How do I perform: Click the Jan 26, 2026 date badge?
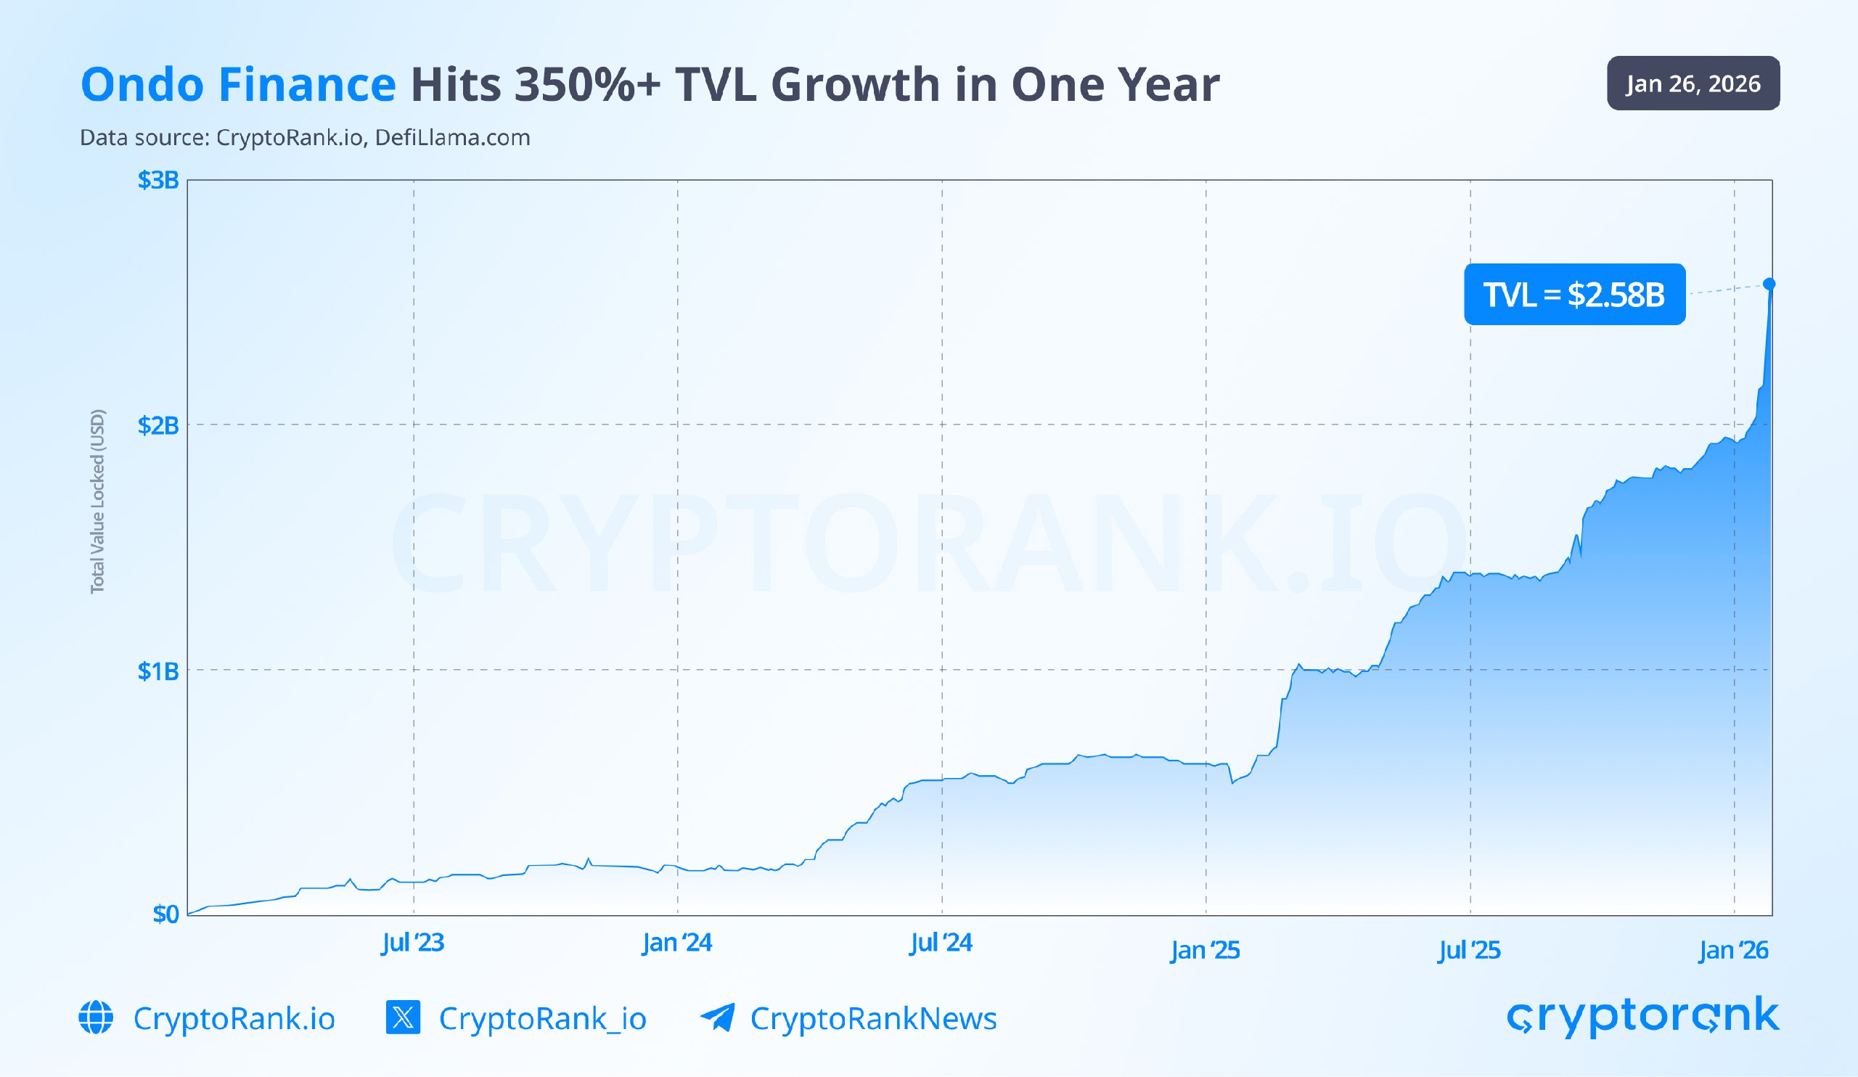click(1693, 83)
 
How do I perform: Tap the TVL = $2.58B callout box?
click(1574, 294)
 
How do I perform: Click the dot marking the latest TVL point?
click(1769, 284)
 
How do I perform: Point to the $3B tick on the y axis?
click(157, 180)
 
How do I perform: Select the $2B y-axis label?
click(157, 425)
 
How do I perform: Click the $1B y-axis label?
click(157, 671)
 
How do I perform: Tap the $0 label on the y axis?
click(165, 914)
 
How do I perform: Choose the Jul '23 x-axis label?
click(412, 942)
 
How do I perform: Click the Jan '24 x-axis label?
click(677, 942)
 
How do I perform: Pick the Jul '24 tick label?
click(941, 942)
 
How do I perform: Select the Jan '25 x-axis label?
click(1205, 950)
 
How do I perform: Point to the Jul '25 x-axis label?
click(1469, 950)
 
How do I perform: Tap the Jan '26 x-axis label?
click(1732, 950)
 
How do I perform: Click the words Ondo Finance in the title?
click(238, 84)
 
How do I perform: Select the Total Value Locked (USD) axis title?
click(97, 501)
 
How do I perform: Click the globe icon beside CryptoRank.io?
click(96, 1017)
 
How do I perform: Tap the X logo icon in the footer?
click(403, 1017)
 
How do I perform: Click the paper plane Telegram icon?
click(717, 1017)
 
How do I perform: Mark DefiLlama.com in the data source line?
click(452, 138)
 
